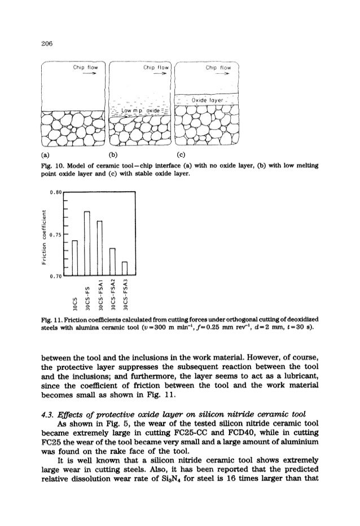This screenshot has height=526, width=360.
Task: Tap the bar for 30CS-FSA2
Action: (x=113, y=262)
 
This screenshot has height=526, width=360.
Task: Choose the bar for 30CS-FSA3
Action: (x=125, y=269)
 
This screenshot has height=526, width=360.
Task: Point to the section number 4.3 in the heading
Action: (x=64, y=416)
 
